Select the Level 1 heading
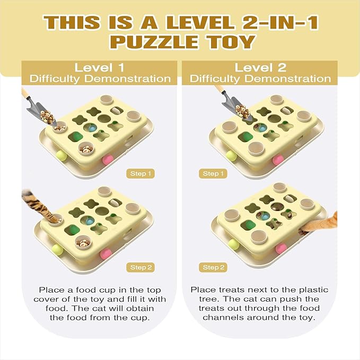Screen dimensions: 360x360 (100, 67)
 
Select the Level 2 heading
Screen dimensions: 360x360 (260, 67)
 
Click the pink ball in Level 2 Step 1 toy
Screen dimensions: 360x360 (277, 159)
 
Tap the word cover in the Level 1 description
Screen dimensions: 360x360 (54, 300)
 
